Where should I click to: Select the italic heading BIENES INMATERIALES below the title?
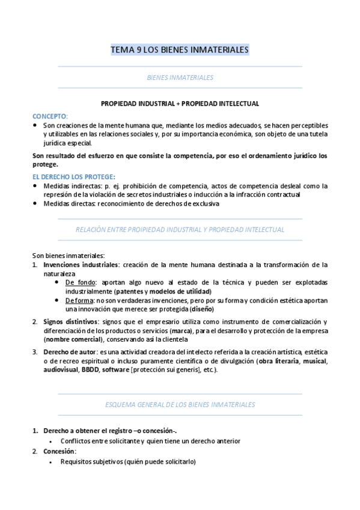click(180, 78)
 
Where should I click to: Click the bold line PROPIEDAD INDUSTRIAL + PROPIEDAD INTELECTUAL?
click(180, 103)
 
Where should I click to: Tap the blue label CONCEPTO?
click(50, 115)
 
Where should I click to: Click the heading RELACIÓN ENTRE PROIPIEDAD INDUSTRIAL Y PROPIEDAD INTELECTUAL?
click(180, 230)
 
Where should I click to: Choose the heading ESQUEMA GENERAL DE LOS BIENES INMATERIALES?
click(180, 404)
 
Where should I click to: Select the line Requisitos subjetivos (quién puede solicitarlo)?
click(128, 462)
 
